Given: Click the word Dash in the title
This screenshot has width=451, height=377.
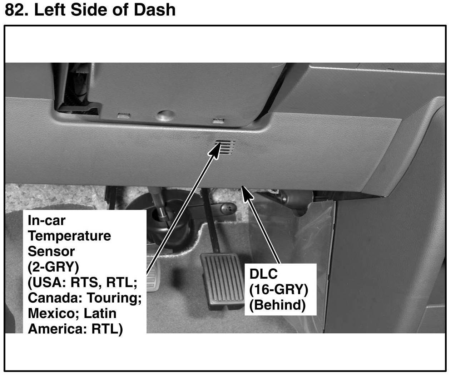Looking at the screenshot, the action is pyautogui.click(x=154, y=10).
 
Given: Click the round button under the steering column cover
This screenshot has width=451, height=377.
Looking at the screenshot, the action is pyautogui.click(x=165, y=115).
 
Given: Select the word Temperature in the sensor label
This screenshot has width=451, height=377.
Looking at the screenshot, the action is pyautogui.click(x=69, y=236).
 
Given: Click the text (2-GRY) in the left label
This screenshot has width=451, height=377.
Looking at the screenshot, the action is pyautogui.click(x=53, y=267).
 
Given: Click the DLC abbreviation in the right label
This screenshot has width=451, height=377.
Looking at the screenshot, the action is pyautogui.click(x=263, y=274).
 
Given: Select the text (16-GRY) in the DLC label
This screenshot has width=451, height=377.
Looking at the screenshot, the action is pyautogui.click(x=278, y=289).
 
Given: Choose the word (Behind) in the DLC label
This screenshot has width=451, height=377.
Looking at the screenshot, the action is pyautogui.click(x=277, y=305).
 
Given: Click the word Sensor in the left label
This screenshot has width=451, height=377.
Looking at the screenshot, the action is pyautogui.click(x=51, y=251).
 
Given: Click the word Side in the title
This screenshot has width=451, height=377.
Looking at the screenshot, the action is pyautogui.click(x=91, y=10).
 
